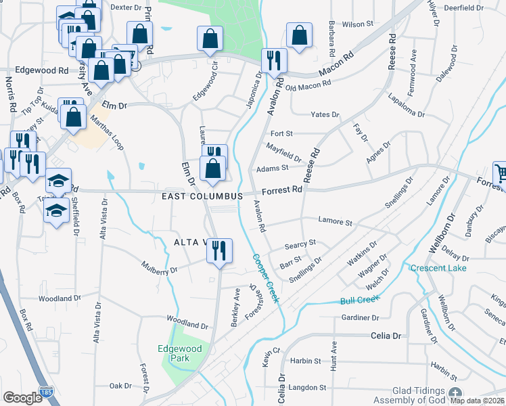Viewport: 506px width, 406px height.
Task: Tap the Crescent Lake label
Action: (x=438, y=268)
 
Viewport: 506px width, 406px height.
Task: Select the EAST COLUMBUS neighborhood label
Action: (x=202, y=196)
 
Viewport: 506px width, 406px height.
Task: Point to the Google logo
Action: (x=22, y=398)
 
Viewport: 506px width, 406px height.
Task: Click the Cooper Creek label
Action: (x=266, y=278)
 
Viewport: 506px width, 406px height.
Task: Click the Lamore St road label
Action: (x=336, y=222)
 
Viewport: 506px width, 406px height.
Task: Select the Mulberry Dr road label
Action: (x=159, y=269)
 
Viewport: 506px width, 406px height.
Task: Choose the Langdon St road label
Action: (x=308, y=388)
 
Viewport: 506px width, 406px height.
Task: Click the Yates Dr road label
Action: (x=323, y=115)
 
